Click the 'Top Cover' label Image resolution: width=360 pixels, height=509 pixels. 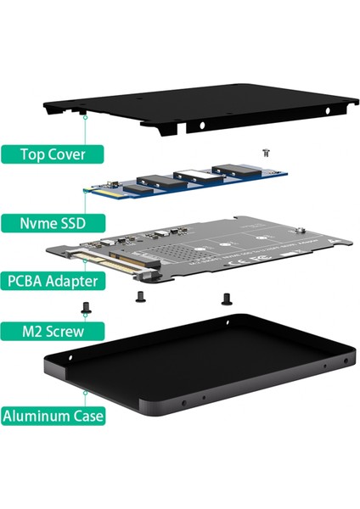pyautogui.click(x=57, y=154)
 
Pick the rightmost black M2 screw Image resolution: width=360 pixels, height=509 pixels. pyautogui.click(x=225, y=298)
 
